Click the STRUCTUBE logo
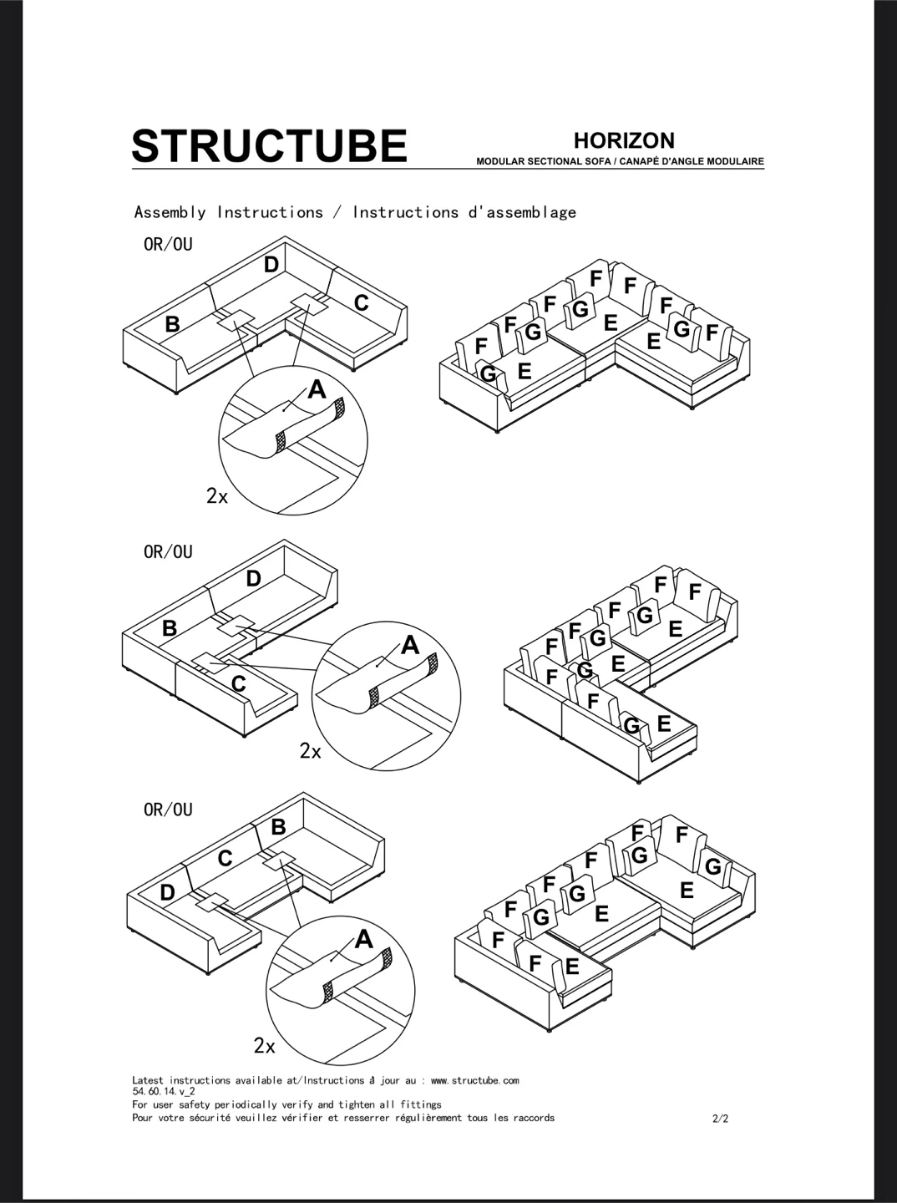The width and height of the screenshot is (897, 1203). click(269, 145)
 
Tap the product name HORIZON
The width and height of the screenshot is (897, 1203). click(624, 141)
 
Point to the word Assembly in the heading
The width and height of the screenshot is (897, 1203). click(170, 213)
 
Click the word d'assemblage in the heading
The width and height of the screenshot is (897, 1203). click(522, 212)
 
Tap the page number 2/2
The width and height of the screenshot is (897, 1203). click(721, 1119)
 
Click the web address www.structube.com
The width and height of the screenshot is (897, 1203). click(474, 1081)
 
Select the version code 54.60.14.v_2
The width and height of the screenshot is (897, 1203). click(164, 1092)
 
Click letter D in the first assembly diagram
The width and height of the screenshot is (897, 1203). click(271, 266)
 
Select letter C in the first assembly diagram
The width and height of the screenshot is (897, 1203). click(361, 303)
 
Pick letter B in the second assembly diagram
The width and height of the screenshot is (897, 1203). click(170, 628)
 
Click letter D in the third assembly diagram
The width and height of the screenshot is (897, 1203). click(167, 893)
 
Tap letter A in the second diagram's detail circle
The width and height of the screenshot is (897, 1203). click(410, 646)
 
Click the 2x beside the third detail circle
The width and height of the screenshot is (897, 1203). click(264, 1046)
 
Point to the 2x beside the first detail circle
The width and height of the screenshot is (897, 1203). click(217, 496)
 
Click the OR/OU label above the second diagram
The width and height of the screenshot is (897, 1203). click(168, 552)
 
